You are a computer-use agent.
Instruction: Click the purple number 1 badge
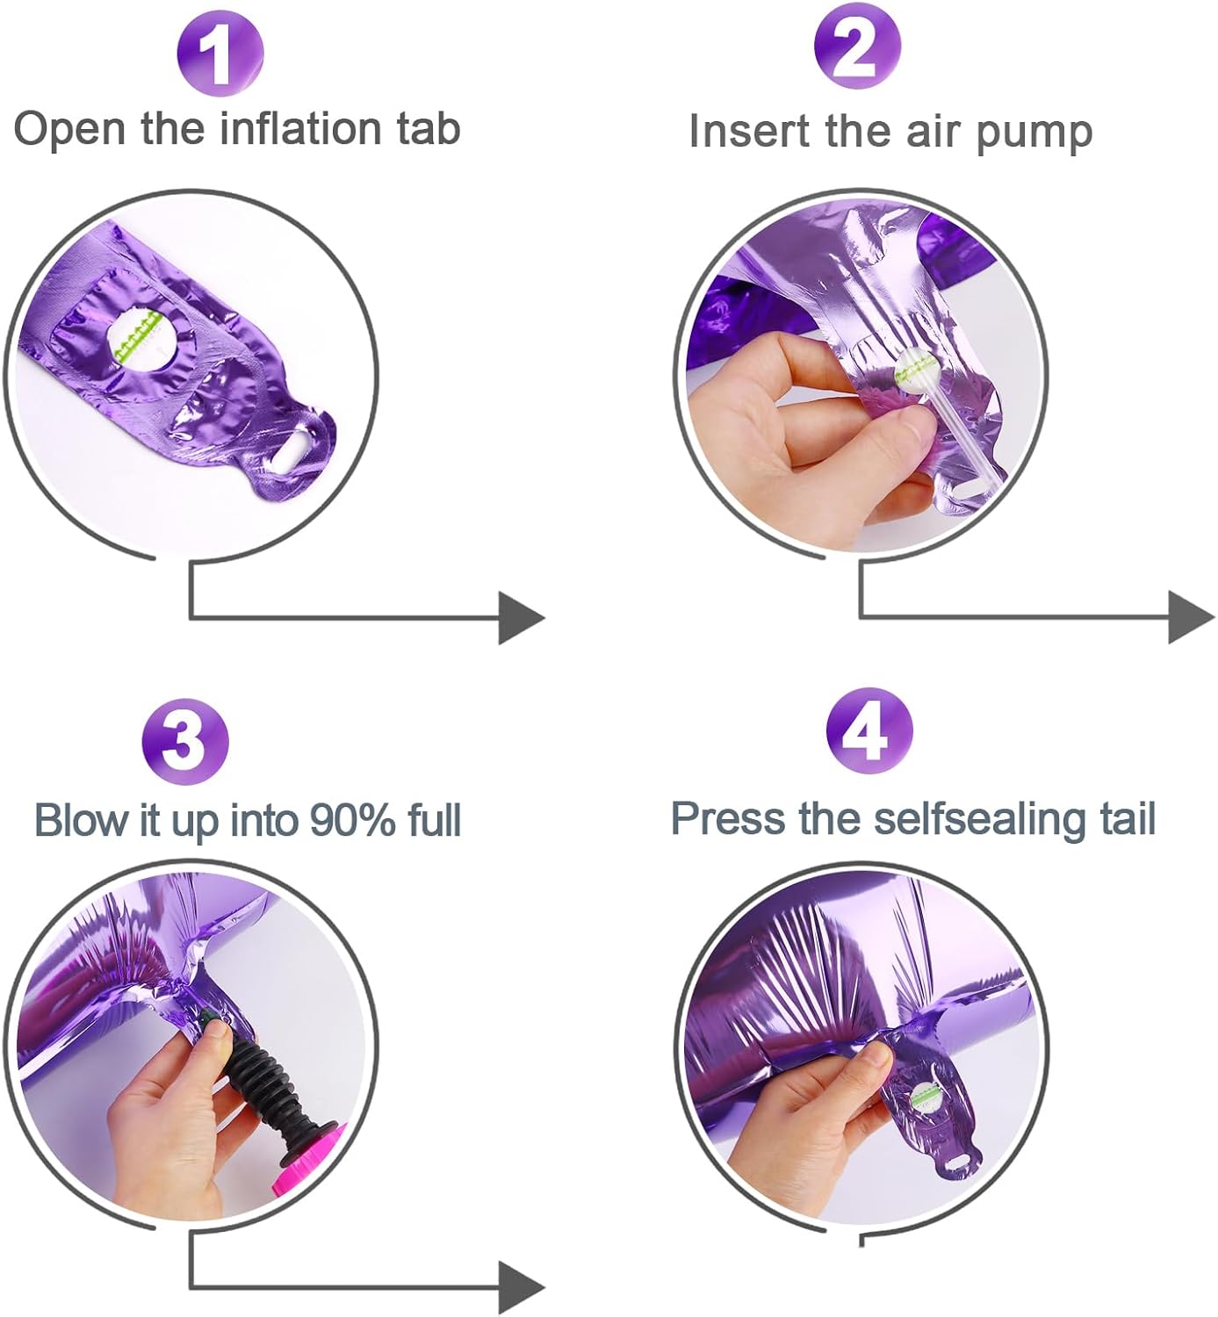pos(220,54)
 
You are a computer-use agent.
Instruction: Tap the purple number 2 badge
pos(857,47)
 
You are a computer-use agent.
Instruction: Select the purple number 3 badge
pos(185,741)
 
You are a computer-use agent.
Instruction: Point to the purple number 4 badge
pos(869,730)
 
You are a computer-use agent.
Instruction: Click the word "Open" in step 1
pos(69,129)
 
